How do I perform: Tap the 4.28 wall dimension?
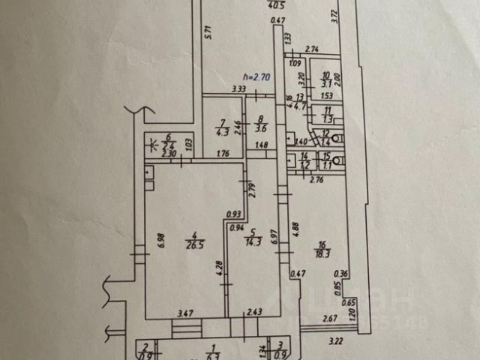219,268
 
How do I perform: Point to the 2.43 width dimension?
254,311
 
